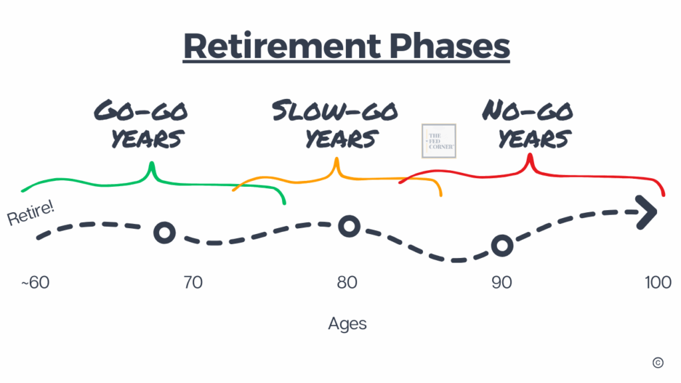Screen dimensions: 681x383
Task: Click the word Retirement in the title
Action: click(282, 46)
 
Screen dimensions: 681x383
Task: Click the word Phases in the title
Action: click(449, 46)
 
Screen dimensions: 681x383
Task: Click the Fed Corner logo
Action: click(439, 141)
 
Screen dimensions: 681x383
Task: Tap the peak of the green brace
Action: click(152, 164)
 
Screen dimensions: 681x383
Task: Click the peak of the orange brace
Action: click(337, 159)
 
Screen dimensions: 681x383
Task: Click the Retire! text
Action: click(31, 212)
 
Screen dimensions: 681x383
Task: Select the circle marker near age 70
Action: click(165, 233)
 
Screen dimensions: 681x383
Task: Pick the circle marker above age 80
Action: click(349, 226)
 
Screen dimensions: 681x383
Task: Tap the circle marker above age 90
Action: click(502, 246)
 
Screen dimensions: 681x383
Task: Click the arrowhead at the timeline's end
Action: click(648, 212)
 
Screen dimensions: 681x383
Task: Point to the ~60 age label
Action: click(35, 283)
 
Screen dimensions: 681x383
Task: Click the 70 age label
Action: click(193, 283)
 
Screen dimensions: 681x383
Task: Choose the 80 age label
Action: click(347, 283)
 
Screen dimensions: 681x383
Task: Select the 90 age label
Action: click(501, 283)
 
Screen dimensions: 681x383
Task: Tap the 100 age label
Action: click(658, 283)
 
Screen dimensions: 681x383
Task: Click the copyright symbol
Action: click(658, 362)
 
